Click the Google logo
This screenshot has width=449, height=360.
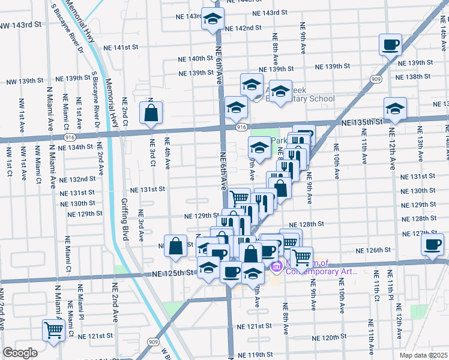(x=19, y=353)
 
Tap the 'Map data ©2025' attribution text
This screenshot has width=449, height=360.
(x=423, y=355)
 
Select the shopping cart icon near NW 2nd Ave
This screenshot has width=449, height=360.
(x=54, y=329)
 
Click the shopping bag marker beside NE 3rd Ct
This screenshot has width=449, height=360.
(x=151, y=112)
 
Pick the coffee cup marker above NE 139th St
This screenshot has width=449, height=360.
(x=391, y=44)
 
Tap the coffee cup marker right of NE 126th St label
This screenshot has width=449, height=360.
(x=432, y=244)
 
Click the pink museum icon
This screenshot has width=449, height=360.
(x=277, y=266)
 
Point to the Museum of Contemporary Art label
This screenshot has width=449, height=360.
(x=315, y=266)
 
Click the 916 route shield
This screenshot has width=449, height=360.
(x=241, y=127)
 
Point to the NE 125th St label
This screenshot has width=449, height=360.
(x=173, y=272)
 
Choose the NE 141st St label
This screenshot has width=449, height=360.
(x=121, y=47)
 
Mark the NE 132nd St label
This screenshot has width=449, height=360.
(x=77, y=179)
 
